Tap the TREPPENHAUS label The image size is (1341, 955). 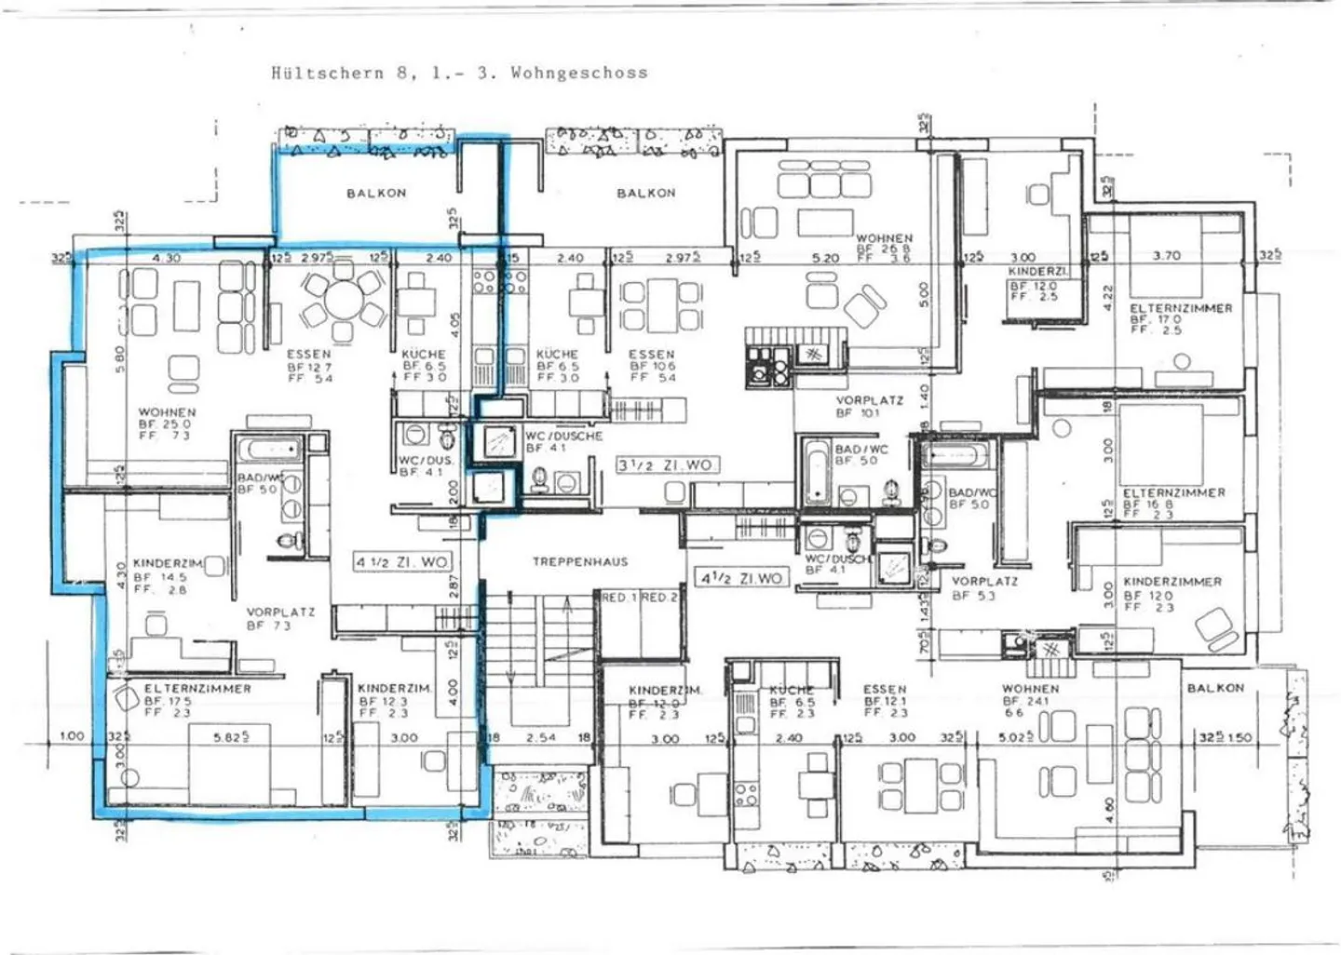pos(580,562)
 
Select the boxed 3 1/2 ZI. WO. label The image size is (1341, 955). pos(668,464)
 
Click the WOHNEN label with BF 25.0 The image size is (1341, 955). pos(168,411)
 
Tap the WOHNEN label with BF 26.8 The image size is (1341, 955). pos(884,238)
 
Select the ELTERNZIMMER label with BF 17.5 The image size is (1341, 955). pos(197,689)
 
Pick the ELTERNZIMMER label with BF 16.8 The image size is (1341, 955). pos(1173,492)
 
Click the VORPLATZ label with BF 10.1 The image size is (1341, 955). pos(869,400)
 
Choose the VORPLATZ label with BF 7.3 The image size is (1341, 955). pos(280,612)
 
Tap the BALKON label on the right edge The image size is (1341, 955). pos(1215,688)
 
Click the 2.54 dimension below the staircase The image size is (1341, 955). pos(540,737)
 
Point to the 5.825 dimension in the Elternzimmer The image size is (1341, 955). pos(231,736)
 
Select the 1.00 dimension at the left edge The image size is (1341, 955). pos(72,736)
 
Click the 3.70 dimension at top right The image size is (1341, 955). pos(1166,255)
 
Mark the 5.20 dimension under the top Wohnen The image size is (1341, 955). pos(825,258)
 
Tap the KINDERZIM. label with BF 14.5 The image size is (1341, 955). pos(169,564)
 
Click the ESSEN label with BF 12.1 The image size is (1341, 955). pos(884,690)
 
